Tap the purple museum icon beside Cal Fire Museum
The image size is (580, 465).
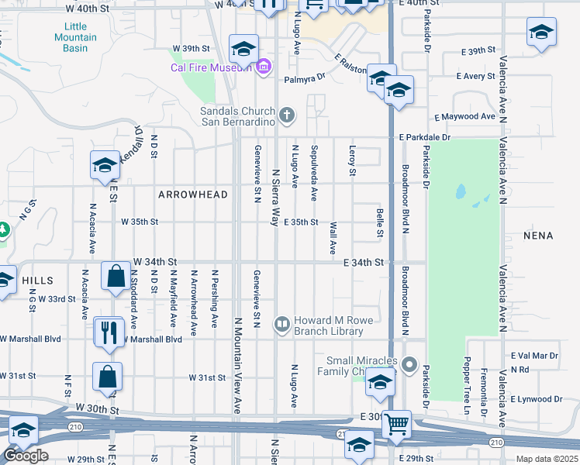coord(264,67)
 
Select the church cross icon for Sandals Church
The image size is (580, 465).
coord(288,116)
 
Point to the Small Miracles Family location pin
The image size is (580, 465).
coord(410,363)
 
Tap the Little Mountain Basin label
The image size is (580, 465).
coord(76,36)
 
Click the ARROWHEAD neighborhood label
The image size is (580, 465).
coord(193,195)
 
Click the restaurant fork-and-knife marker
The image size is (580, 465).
coord(109,332)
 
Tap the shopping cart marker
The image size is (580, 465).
coord(397,424)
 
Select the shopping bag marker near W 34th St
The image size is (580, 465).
coord(116,276)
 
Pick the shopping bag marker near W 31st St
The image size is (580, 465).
coord(108,377)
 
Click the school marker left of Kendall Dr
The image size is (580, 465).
coord(104,165)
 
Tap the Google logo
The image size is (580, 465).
coord(26,456)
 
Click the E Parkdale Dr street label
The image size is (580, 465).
coord(425,137)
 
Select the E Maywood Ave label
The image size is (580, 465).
coord(464,116)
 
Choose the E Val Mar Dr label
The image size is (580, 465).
coord(534,356)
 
